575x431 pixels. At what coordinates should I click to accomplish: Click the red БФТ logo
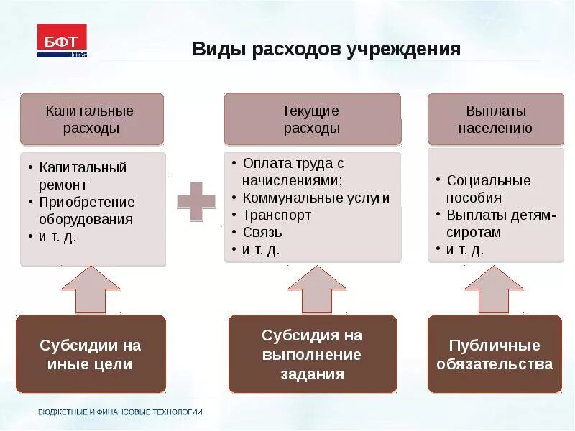click(62, 40)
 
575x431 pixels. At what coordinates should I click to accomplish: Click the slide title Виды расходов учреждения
click(326, 50)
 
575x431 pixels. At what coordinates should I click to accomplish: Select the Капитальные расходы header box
click(91, 119)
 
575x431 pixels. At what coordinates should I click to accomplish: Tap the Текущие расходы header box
click(311, 119)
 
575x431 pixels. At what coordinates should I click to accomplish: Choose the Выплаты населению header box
click(496, 119)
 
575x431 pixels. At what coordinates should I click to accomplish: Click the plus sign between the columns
click(195, 202)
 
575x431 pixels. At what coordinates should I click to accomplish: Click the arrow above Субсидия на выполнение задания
click(313, 289)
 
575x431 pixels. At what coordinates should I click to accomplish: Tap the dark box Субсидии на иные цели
click(91, 354)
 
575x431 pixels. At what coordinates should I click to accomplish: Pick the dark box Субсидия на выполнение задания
click(312, 354)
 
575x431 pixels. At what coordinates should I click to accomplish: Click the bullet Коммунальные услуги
click(316, 198)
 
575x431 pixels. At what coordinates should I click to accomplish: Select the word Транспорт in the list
click(277, 215)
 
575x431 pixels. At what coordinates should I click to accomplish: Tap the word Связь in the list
click(262, 232)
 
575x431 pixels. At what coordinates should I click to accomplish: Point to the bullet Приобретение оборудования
click(86, 210)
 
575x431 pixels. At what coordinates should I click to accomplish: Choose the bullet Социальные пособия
click(488, 189)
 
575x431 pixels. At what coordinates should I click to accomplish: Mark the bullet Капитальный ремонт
click(83, 176)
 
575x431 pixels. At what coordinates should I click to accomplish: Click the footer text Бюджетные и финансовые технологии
click(120, 412)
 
